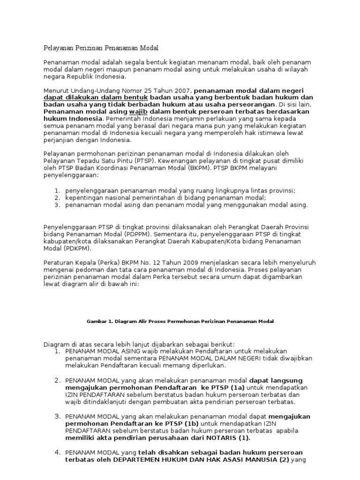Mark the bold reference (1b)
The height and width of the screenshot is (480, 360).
188,424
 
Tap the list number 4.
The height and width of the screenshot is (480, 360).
57,452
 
